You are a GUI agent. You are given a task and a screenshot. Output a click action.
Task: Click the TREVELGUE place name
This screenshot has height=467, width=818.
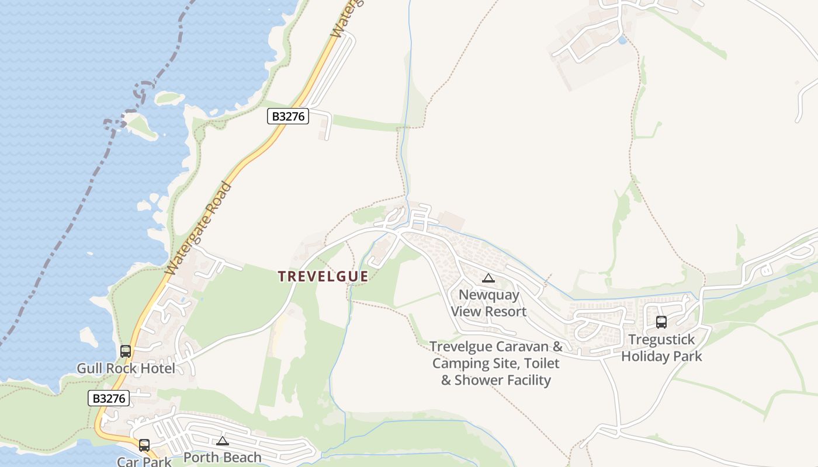[x=323, y=276]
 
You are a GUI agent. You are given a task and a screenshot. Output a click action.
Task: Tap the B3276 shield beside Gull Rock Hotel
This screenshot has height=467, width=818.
[x=109, y=399]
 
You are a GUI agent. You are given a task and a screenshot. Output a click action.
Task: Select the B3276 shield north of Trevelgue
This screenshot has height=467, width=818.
[x=287, y=116]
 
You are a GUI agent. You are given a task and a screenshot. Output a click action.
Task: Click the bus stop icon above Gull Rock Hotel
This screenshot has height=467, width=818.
[x=126, y=351]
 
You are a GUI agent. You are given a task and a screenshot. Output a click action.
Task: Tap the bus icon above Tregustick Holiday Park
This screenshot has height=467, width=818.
[x=661, y=322]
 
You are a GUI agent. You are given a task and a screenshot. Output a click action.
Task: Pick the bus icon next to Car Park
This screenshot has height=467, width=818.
[x=144, y=445]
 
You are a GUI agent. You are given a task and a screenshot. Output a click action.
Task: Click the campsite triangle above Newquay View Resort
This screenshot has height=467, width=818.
[x=488, y=278]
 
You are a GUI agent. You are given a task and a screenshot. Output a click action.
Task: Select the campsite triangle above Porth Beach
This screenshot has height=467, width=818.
[x=222, y=441]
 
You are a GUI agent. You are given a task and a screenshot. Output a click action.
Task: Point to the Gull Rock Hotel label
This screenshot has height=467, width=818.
[x=126, y=368]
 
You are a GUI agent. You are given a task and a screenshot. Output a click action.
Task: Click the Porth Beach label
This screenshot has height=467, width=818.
[x=222, y=457]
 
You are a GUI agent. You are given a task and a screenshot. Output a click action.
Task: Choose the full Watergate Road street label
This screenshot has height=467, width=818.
[x=198, y=229]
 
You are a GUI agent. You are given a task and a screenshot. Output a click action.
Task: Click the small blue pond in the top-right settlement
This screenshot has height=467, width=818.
[x=622, y=40]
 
